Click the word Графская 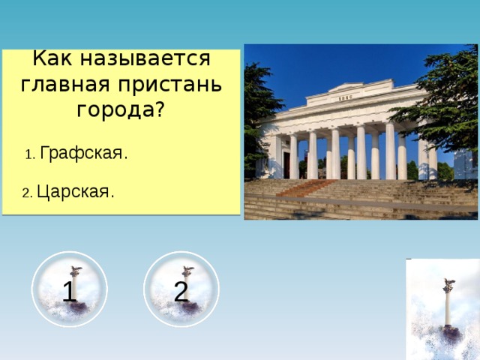pos(83,154)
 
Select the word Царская pos(75,192)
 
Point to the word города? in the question pos(121,109)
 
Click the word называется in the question pos(154,58)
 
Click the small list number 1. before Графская pos(29,155)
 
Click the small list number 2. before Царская pos(27,193)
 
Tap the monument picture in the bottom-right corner pos(442,309)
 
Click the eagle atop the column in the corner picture pos(448,284)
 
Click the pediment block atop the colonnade pos(345,94)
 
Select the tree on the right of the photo pos(442,97)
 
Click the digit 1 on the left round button pos(69,291)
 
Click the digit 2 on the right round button pos(181,291)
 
